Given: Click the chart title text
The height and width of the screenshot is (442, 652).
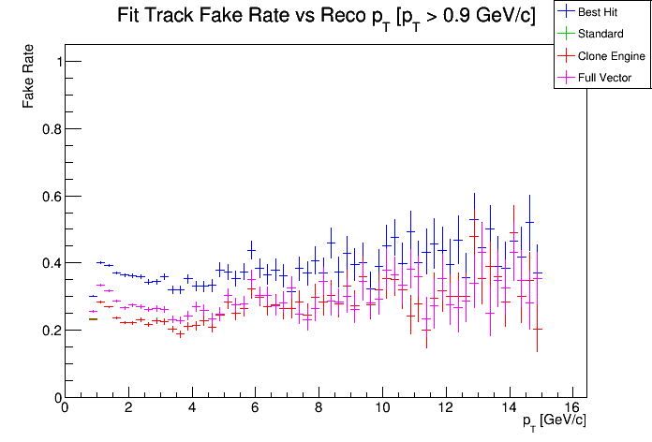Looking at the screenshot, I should (326, 16).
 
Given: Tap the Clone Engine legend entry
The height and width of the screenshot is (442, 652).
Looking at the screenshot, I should (612, 56).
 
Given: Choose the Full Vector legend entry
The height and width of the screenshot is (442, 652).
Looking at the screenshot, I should (604, 78).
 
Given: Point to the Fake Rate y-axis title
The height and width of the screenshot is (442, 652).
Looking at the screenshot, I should (30, 75).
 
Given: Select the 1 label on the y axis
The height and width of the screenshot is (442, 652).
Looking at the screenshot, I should (55, 62).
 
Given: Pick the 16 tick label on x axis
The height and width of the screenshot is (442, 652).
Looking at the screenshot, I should (573, 407).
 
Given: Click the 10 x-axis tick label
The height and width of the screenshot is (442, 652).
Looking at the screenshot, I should (382, 407).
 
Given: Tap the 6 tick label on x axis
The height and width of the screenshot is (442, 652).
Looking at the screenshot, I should (255, 407).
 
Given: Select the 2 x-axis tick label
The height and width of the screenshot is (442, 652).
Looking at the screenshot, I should (127, 407).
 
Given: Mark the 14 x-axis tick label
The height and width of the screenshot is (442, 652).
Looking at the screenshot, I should (510, 407).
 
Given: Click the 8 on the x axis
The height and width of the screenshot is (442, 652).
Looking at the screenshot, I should (319, 407).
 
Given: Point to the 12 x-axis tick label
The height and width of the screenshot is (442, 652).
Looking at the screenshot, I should (446, 407).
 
